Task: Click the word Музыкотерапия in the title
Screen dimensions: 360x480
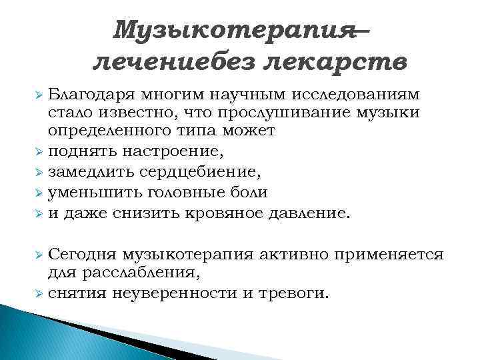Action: [233, 29]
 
